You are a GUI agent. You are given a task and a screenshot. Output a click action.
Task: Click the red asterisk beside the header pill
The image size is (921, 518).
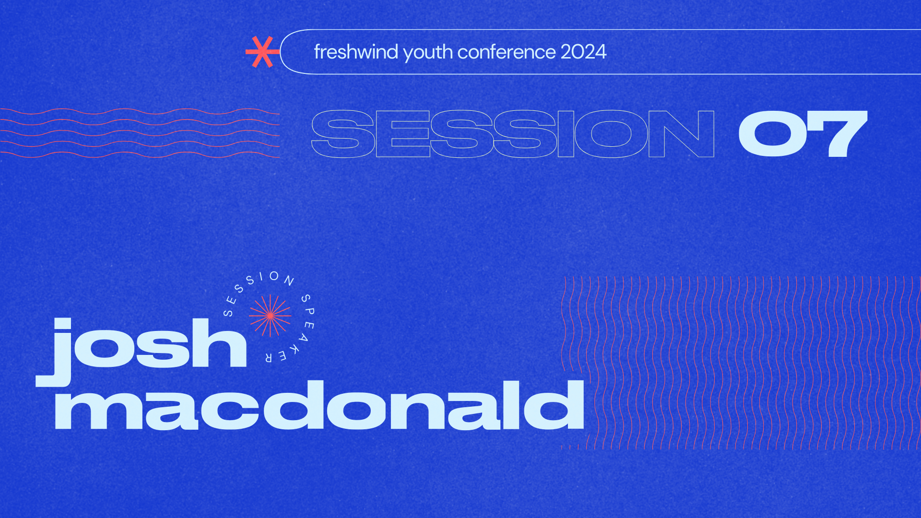(261, 52)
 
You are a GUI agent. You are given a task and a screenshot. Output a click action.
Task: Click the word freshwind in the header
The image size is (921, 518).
(356, 52)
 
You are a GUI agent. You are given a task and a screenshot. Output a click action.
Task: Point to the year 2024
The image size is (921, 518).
(583, 52)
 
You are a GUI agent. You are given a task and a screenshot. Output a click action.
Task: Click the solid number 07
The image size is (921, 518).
(803, 134)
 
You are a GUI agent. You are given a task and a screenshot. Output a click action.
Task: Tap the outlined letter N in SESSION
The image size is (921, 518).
(681, 134)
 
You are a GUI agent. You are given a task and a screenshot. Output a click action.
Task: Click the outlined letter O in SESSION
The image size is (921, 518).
(611, 134)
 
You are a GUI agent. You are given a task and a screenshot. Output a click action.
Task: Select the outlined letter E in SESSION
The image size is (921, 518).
(403, 134)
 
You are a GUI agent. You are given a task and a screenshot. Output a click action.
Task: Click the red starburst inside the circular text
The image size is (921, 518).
(270, 316)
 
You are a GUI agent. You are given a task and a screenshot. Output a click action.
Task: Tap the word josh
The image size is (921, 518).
(144, 345)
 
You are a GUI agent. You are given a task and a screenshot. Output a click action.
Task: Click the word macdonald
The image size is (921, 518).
(319, 405)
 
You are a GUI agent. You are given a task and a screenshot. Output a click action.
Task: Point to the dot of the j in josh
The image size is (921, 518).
(62, 324)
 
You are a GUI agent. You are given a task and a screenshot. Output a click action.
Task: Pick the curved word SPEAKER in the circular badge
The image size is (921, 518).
(300, 331)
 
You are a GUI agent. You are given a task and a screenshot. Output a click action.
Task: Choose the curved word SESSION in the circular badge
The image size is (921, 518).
(254, 288)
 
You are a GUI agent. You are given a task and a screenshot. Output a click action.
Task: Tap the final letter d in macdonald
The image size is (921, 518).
(554, 405)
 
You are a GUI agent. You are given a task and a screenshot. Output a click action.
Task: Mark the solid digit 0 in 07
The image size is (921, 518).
(772, 134)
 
